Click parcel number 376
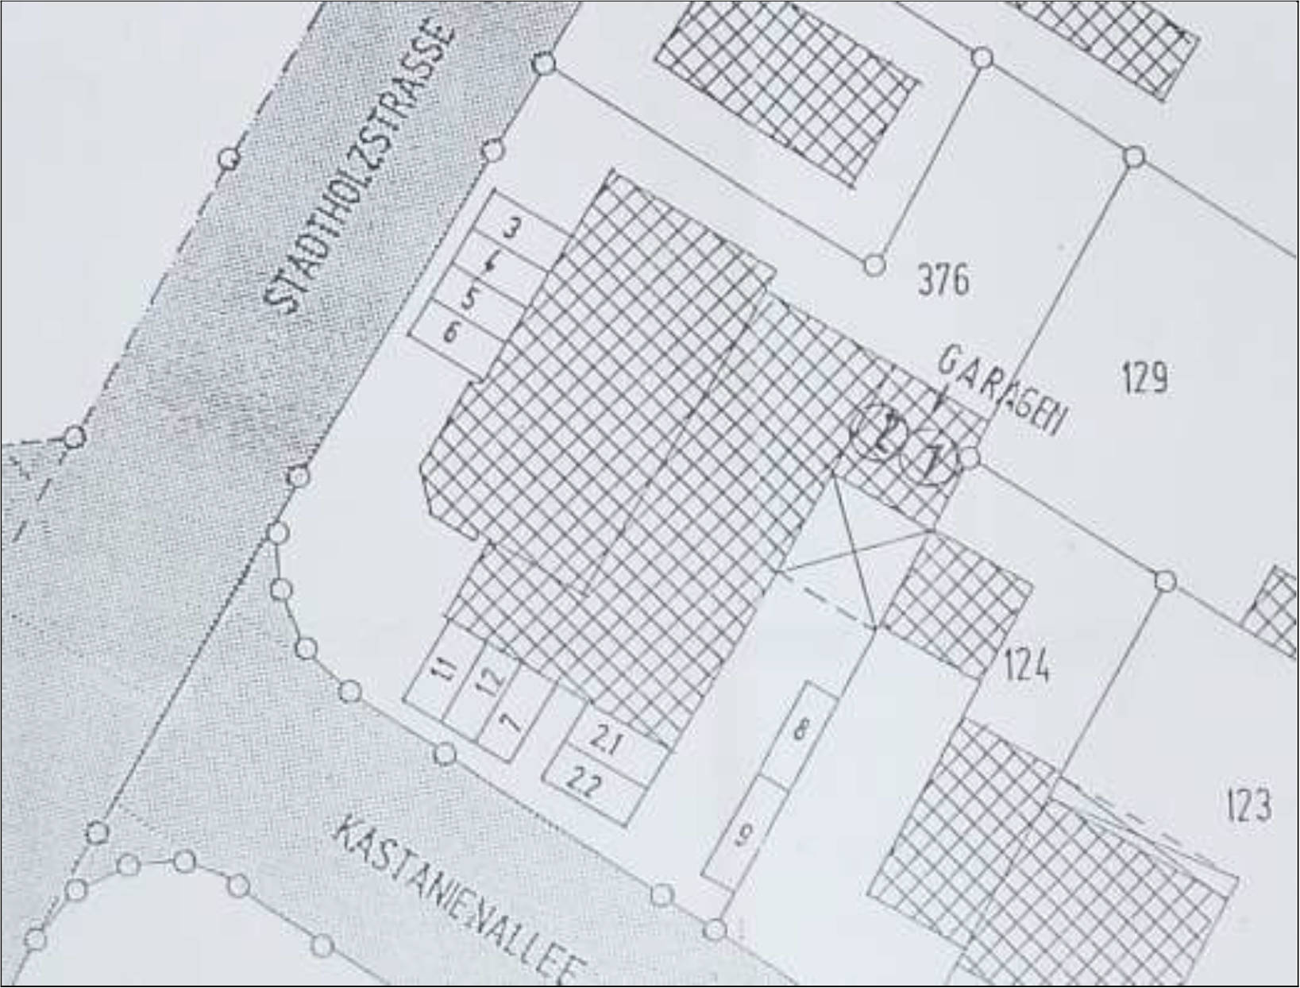pyautogui.click(x=943, y=280)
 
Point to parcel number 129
pyautogui.click(x=1145, y=378)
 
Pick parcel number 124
pyautogui.click(x=1027, y=665)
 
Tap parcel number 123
pyautogui.click(x=1249, y=805)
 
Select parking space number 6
pyautogui.click(x=450, y=332)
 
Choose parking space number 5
pyautogui.click(x=469, y=299)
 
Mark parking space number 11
pyautogui.click(x=447, y=671)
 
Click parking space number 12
pyautogui.click(x=492, y=680)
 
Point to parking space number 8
pyautogui.click(x=801, y=729)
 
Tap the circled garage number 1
pyautogui.click(x=931, y=459)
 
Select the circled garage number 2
pyautogui.click(x=879, y=434)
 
